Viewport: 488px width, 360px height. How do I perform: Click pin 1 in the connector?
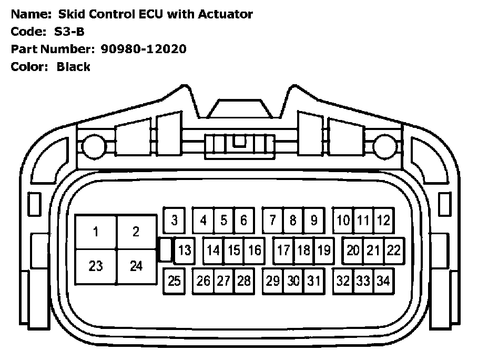click(96, 232)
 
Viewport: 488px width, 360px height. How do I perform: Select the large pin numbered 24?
click(136, 266)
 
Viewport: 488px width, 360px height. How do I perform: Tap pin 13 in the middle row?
click(184, 250)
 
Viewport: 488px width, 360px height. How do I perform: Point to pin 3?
click(174, 220)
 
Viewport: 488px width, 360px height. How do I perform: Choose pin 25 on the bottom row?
click(174, 281)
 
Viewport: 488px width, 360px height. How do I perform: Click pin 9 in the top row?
click(313, 220)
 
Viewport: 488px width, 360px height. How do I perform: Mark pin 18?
click(303, 250)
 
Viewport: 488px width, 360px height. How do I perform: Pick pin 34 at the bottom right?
click(383, 281)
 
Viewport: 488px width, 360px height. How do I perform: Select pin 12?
click(383, 220)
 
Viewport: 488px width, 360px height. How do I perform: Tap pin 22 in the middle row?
click(393, 250)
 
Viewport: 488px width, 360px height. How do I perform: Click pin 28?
click(243, 281)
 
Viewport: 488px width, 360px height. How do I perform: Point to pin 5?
click(223, 220)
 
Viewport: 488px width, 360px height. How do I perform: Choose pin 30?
click(293, 281)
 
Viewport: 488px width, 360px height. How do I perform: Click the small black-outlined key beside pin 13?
click(165, 249)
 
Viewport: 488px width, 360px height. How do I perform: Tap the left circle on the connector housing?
click(93, 143)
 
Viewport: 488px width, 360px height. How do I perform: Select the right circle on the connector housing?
click(383, 143)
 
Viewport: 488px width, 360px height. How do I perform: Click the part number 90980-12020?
click(140, 49)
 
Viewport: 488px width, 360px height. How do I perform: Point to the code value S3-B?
click(69, 32)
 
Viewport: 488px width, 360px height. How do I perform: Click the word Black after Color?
click(74, 67)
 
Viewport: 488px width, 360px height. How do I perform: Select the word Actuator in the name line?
click(225, 14)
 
